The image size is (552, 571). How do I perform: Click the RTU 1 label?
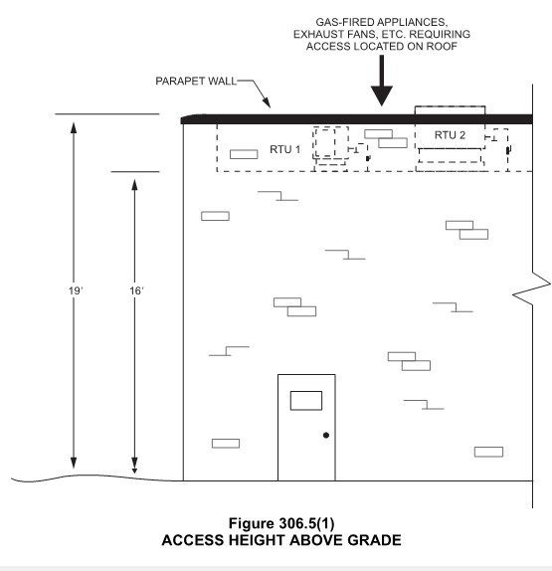point(283,149)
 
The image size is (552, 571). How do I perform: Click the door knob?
point(325,436)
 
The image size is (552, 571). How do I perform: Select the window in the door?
point(305,401)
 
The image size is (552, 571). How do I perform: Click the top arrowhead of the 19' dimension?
point(73,121)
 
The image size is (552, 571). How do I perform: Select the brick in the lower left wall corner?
point(226,444)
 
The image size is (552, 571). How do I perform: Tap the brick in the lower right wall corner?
point(488,452)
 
